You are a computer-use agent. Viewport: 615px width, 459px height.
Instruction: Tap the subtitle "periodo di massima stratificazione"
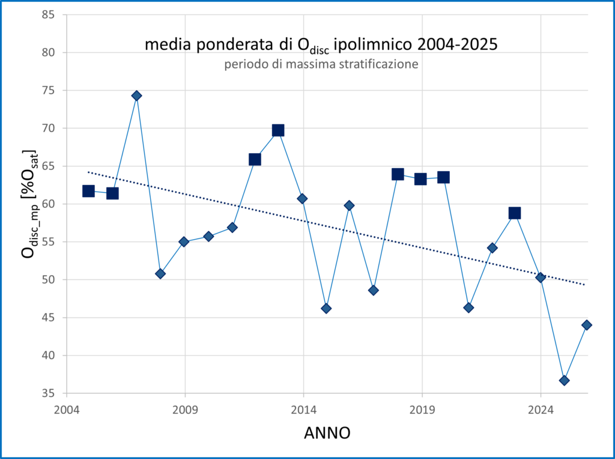pos(321,64)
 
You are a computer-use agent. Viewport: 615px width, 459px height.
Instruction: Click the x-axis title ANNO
pos(327,433)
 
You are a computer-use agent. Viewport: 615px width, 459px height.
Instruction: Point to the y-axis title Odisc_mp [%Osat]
pos(29,204)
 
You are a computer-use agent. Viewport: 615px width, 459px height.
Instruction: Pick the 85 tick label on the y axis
pos(48,15)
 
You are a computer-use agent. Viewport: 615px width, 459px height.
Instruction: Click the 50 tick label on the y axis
pos(48,280)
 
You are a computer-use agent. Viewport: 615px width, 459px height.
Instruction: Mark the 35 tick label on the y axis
pos(48,393)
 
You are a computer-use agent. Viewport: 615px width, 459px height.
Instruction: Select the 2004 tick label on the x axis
pos(67,410)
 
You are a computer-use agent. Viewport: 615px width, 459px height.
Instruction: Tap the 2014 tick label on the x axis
pos(303,410)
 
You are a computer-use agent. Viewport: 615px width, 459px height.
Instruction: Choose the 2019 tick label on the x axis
pos(422,410)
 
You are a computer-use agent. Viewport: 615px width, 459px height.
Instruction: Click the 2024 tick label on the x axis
pos(541,410)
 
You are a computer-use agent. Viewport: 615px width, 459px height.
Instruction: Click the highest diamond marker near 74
pos(136,96)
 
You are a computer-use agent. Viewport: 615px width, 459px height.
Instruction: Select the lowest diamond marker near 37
pos(565,380)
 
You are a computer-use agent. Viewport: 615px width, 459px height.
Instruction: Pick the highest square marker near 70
pos(278,130)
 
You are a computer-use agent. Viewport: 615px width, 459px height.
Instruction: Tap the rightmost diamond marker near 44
pos(587,325)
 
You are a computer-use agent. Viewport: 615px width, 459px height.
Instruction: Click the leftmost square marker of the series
pos(89,191)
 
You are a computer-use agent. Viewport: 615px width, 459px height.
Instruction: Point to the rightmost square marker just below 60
pos(515,213)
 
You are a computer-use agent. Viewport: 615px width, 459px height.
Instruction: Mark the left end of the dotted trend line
pos(88,172)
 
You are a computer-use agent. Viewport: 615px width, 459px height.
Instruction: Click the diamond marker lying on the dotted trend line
pos(541,278)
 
